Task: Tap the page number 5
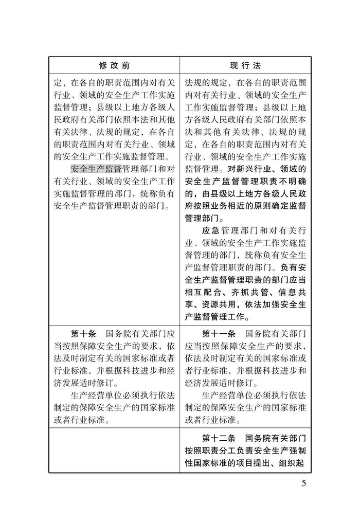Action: tap(303, 483)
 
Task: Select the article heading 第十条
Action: tap(83, 333)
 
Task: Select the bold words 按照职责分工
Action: tap(211, 451)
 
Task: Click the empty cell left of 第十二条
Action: tap(114, 450)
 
